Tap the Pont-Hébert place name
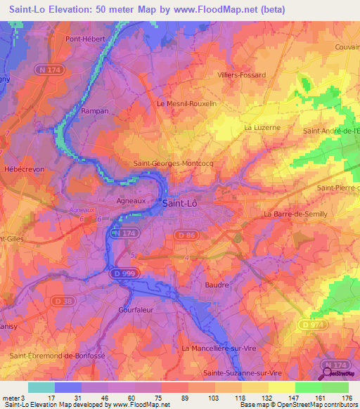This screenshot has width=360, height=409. [x=85, y=39]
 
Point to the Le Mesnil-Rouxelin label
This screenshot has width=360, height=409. [x=186, y=103]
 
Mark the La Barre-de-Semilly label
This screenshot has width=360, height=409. [x=295, y=214]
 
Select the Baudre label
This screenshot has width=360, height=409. [x=217, y=285]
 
